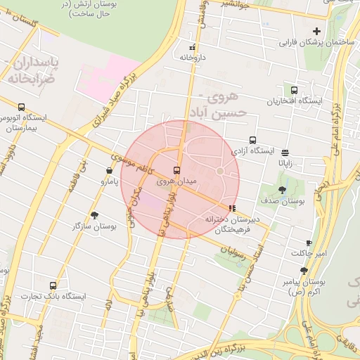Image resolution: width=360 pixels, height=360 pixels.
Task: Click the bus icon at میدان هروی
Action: tap(176, 170)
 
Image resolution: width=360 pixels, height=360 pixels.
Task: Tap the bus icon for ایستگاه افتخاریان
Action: tap(294, 90)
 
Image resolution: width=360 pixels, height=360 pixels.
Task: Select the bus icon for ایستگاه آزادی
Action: tap(252, 140)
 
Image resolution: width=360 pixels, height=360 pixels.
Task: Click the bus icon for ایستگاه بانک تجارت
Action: tap(53, 285)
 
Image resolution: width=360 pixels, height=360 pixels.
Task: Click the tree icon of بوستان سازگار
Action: tap(95, 215)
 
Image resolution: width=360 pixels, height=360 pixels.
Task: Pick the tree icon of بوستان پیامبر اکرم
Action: tap(304, 270)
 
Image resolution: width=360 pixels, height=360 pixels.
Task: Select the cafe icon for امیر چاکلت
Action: tap(309, 243)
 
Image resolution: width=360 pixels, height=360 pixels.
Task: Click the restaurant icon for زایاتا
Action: tap(285, 152)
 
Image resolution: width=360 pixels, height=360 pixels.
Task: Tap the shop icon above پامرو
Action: tap(108, 170)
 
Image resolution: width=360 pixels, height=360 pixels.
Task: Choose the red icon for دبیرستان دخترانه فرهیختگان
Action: tap(232, 207)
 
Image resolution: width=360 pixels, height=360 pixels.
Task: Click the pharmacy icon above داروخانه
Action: tap(192, 48)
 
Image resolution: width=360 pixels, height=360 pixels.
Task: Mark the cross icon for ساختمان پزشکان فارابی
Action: tap(316, 31)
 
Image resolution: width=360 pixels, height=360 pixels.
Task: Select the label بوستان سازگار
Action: tap(94, 227)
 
